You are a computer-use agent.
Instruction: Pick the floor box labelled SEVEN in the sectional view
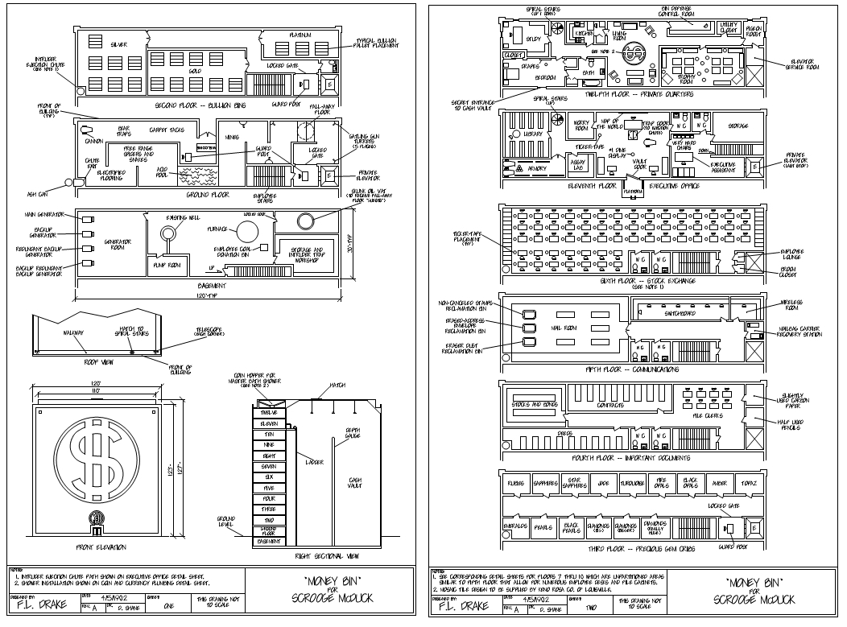(x=268, y=466)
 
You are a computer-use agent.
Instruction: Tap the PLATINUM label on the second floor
(x=301, y=35)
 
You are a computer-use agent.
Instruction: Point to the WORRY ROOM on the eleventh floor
(x=579, y=123)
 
